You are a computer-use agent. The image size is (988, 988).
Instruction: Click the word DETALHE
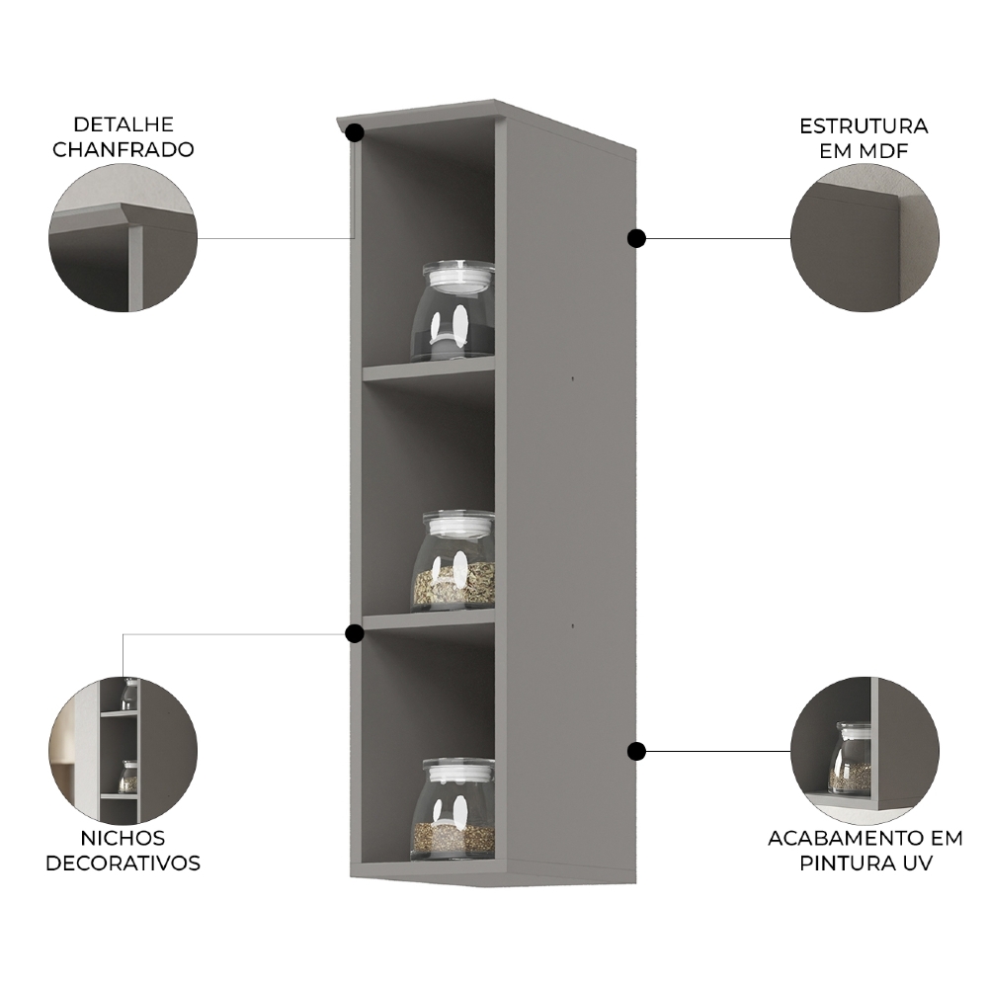[x=123, y=124]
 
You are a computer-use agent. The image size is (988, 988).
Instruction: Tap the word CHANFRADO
[x=123, y=150]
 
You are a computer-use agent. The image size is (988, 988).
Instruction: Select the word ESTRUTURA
[x=864, y=126]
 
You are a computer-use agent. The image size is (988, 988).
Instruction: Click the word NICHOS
[x=123, y=838]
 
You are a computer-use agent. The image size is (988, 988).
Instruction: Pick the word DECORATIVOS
[x=123, y=863]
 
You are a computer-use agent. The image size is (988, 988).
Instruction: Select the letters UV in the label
[x=918, y=863]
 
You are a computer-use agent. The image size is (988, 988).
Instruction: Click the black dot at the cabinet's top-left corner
[x=355, y=133]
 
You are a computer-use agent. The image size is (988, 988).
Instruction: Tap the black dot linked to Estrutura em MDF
[x=636, y=238]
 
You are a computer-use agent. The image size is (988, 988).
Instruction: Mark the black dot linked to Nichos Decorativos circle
[x=355, y=633]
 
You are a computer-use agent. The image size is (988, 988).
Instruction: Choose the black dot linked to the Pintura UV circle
[x=636, y=751]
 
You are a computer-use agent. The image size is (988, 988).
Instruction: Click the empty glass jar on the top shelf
[x=453, y=311]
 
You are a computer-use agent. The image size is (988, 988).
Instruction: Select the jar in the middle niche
[x=453, y=560]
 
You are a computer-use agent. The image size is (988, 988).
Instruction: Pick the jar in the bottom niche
[x=453, y=809]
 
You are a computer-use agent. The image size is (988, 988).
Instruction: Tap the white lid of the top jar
[x=458, y=276]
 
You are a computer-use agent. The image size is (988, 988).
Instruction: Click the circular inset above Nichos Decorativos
[x=123, y=750]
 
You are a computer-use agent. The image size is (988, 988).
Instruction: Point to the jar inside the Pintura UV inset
[x=850, y=758]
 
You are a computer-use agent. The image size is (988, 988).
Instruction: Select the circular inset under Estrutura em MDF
[x=864, y=238]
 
